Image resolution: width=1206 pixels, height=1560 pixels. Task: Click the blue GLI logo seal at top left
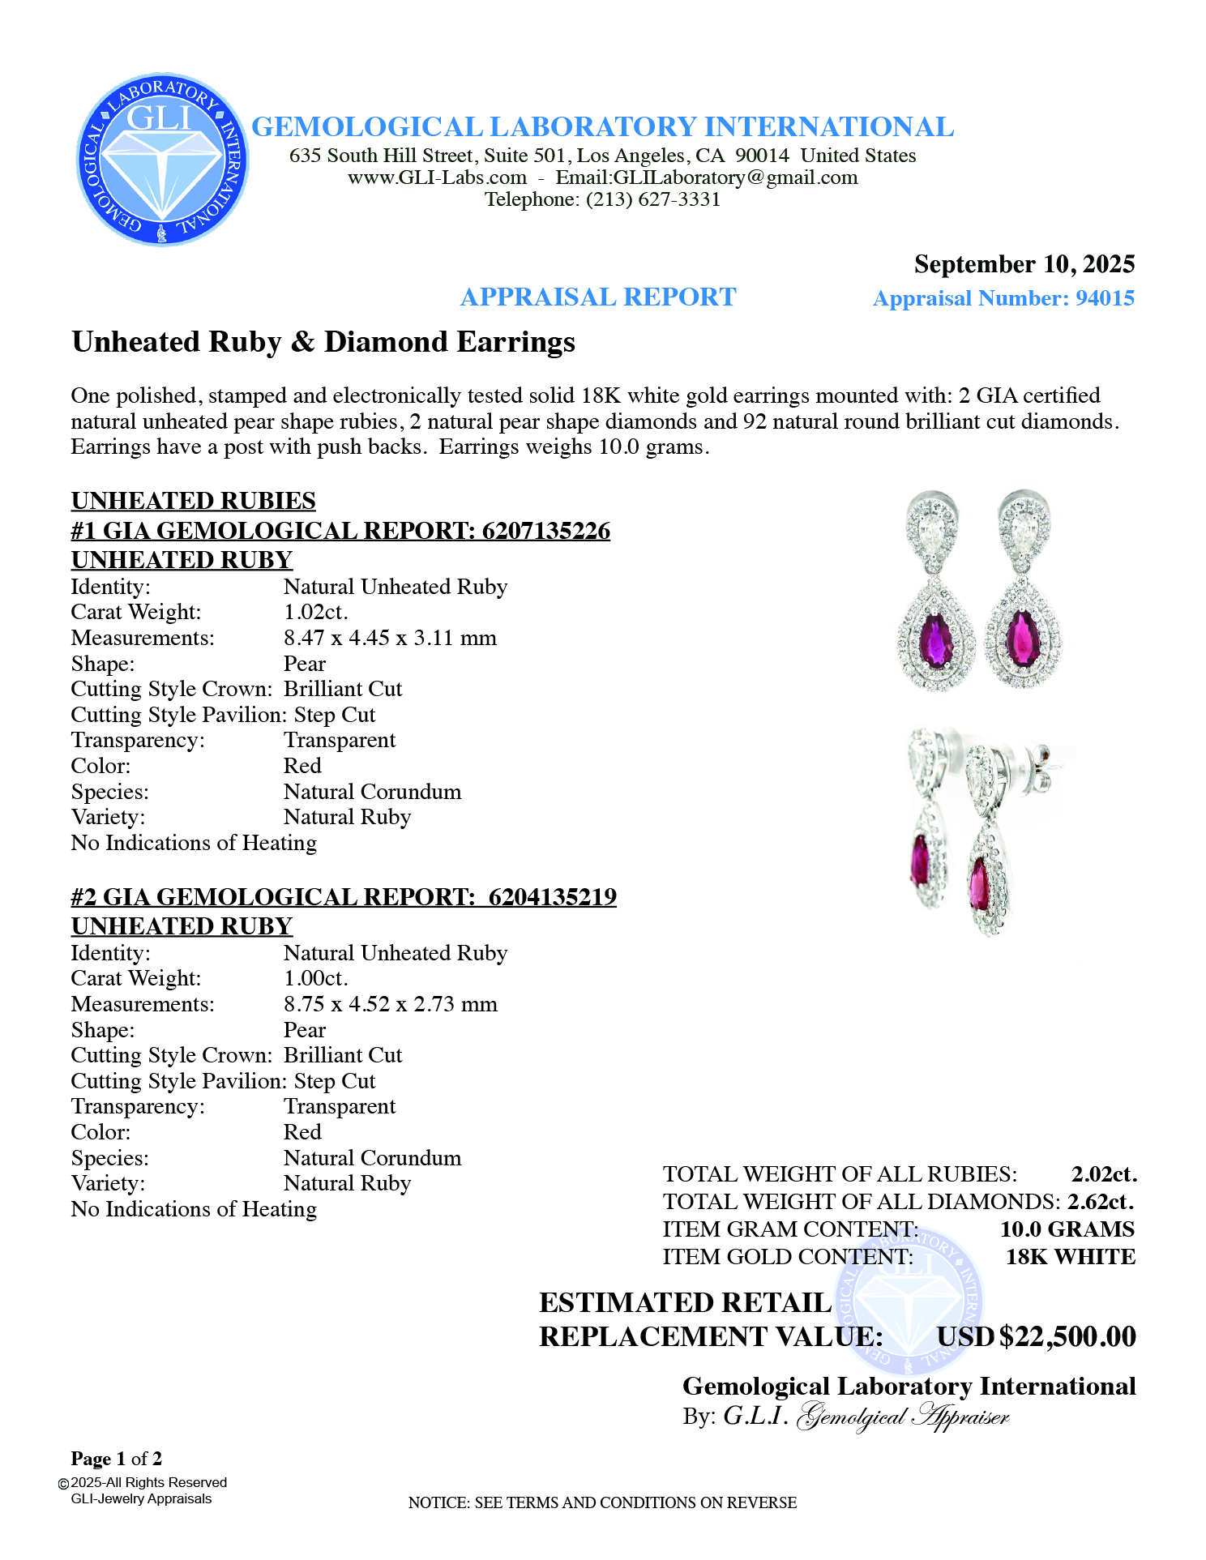(x=162, y=160)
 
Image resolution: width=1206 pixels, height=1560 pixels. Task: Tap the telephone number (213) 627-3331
(x=653, y=199)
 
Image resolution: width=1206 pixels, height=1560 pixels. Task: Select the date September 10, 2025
(x=1024, y=264)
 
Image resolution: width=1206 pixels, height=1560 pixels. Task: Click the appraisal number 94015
(x=1105, y=298)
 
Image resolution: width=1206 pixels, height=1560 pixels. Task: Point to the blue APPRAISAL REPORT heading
(x=598, y=297)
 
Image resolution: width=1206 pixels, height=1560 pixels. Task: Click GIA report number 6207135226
(x=545, y=531)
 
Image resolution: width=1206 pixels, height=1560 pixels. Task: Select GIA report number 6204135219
(x=552, y=897)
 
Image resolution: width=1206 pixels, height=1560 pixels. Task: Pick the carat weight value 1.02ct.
(x=315, y=612)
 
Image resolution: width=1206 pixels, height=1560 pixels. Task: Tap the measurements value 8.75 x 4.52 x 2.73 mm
(x=390, y=1004)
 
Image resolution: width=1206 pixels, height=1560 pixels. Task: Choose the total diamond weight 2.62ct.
(x=1101, y=1202)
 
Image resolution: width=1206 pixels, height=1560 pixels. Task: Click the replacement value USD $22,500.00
(x=1037, y=1336)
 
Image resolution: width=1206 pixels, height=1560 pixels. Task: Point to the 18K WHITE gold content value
(x=1070, y=1257)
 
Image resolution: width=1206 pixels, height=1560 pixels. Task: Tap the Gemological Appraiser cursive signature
(x=904, y=1417)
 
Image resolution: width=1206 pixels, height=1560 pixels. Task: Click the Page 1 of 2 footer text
(x=117, y=1459)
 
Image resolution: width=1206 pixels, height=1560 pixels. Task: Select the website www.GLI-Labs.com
(x=437, y=177)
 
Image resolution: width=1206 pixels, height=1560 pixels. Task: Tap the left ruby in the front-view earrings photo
(x=936, y=637)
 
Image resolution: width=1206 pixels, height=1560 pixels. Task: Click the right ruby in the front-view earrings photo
(x=1022, y=637)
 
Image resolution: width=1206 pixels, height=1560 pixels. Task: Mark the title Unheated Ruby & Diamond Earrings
(x=323, y=342)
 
